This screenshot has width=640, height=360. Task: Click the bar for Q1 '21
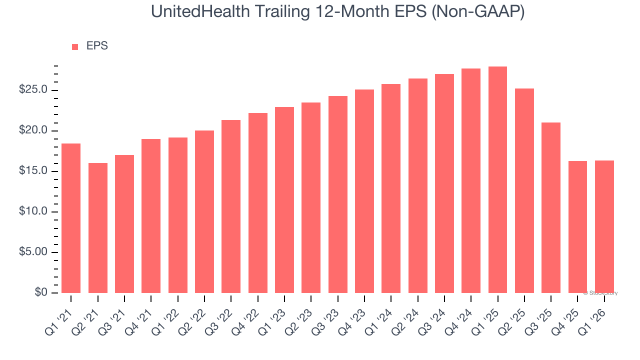[71, 218]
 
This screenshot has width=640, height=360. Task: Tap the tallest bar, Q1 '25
[497, 180]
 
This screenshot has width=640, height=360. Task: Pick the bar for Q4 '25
[577, 227]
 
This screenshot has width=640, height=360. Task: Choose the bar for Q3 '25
[551, 207]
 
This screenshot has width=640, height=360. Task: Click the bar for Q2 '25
[524, 190]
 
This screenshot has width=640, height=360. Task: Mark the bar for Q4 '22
[258, 203]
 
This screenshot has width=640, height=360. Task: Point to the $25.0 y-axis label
[33, 90]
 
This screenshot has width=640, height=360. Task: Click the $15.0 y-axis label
[33, 171]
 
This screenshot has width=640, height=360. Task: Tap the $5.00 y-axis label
[33, 252]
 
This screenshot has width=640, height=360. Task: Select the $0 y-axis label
[41, 292]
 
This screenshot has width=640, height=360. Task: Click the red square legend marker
[75, 47]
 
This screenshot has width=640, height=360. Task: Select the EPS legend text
[97, 46]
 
